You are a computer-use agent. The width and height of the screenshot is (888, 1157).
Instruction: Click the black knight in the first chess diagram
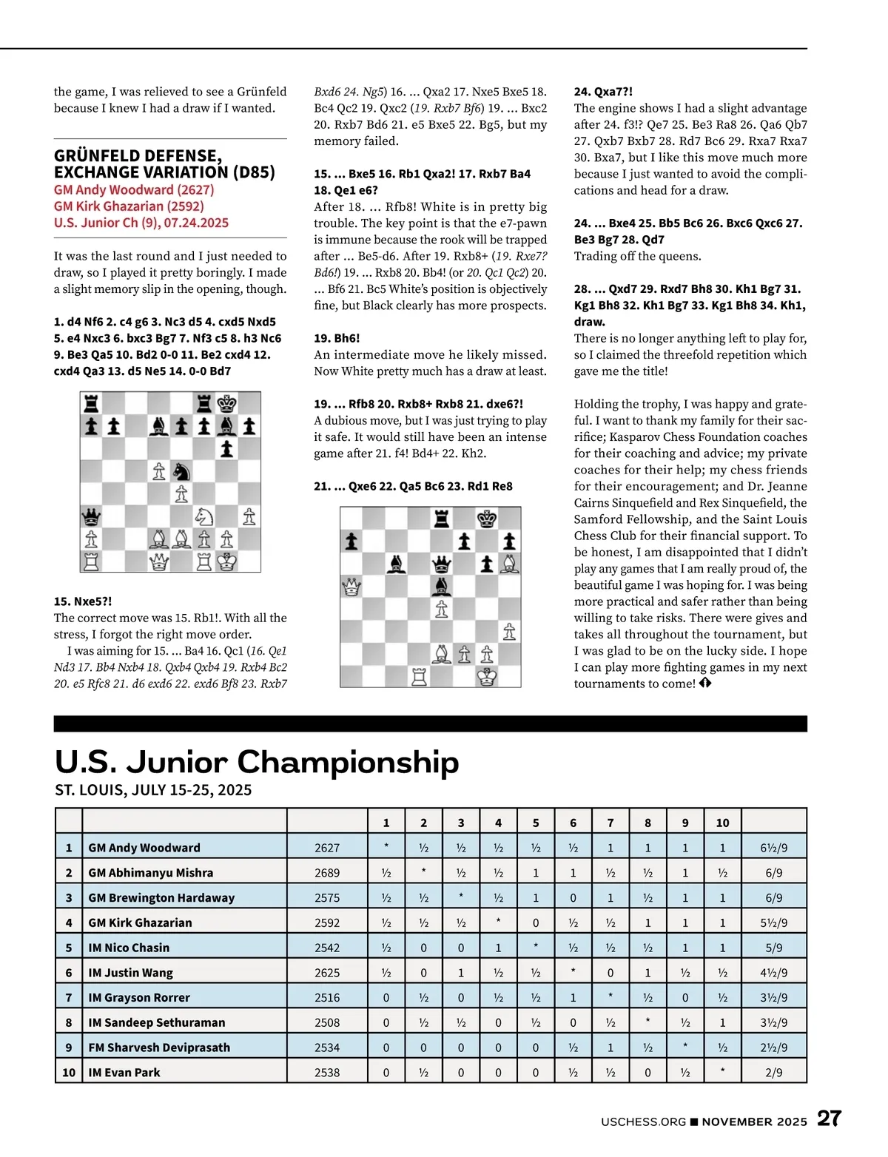181,471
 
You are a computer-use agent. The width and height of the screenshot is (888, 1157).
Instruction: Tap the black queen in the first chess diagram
92,516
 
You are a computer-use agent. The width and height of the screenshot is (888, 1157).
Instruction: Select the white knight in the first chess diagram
204,516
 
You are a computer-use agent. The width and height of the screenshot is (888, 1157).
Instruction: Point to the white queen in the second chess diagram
351,587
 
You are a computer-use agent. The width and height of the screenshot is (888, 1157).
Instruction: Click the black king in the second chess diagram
487,519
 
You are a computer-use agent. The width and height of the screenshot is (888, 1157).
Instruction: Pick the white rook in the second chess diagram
420,676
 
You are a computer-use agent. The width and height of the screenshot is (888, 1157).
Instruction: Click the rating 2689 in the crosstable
327,873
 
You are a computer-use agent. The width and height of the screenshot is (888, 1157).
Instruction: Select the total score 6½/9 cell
773,848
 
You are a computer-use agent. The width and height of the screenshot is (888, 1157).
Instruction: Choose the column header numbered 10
722,823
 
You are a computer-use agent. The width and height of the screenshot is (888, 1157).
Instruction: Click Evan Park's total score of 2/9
773,1073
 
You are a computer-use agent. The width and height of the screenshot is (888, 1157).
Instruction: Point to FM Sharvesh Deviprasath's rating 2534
327,1048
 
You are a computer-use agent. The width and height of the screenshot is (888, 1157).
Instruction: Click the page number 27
829,1119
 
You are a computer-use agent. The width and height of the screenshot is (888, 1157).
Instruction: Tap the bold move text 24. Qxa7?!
603,92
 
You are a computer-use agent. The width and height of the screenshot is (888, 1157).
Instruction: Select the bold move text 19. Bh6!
337,338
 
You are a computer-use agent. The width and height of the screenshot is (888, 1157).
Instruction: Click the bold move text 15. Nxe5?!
83,601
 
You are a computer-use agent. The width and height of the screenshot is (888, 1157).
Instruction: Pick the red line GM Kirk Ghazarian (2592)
129,206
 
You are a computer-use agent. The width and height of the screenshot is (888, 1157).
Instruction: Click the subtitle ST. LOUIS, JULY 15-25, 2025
153,790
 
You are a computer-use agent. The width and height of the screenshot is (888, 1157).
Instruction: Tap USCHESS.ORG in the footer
643,1121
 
